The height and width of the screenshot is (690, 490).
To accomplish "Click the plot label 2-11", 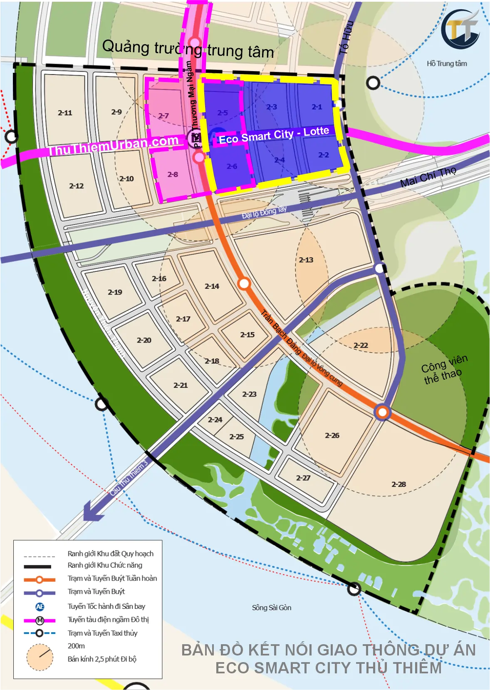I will [65, 113].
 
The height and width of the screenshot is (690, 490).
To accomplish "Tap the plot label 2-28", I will [398, 484].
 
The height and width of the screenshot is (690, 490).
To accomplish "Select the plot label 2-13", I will [306, 260].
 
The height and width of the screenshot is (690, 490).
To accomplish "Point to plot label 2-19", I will [115, 292].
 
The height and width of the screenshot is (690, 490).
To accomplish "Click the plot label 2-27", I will [303, 478].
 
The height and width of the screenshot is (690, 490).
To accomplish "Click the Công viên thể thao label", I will [444, 369].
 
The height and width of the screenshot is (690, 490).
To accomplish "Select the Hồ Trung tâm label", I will [447, 64].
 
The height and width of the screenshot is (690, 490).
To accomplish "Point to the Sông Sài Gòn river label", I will [271, 608].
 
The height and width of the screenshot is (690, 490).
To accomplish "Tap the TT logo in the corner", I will [460, 29].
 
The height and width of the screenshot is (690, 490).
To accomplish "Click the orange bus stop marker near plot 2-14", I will [244, 284].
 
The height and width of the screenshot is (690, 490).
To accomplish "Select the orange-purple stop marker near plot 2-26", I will [382, 412].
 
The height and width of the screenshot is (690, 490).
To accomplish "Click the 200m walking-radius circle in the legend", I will [40, 657].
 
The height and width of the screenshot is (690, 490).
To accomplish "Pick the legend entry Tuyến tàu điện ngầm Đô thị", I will [108, 620].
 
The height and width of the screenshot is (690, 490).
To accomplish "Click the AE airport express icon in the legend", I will [40, 607].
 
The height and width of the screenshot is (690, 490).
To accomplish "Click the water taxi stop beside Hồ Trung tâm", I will [373, 83].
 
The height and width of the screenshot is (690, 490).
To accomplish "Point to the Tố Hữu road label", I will [346, 37].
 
